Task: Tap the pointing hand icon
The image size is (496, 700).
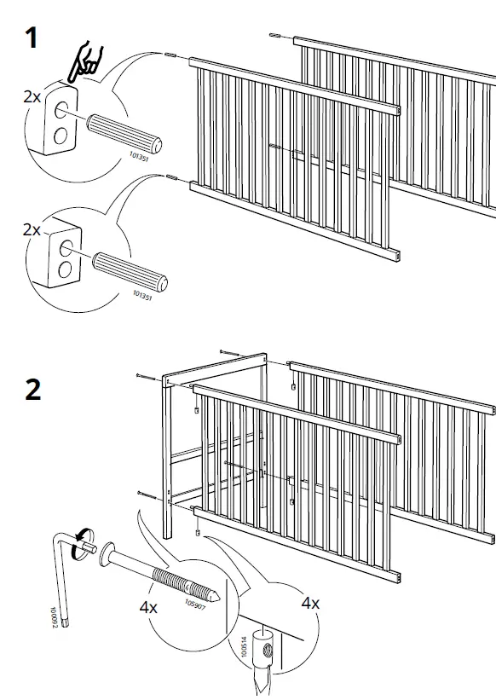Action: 85,61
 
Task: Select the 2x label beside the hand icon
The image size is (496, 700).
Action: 32,96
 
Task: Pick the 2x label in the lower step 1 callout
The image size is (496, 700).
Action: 32,230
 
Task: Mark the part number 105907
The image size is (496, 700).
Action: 193,607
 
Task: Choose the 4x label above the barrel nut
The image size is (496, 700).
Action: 310,602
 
